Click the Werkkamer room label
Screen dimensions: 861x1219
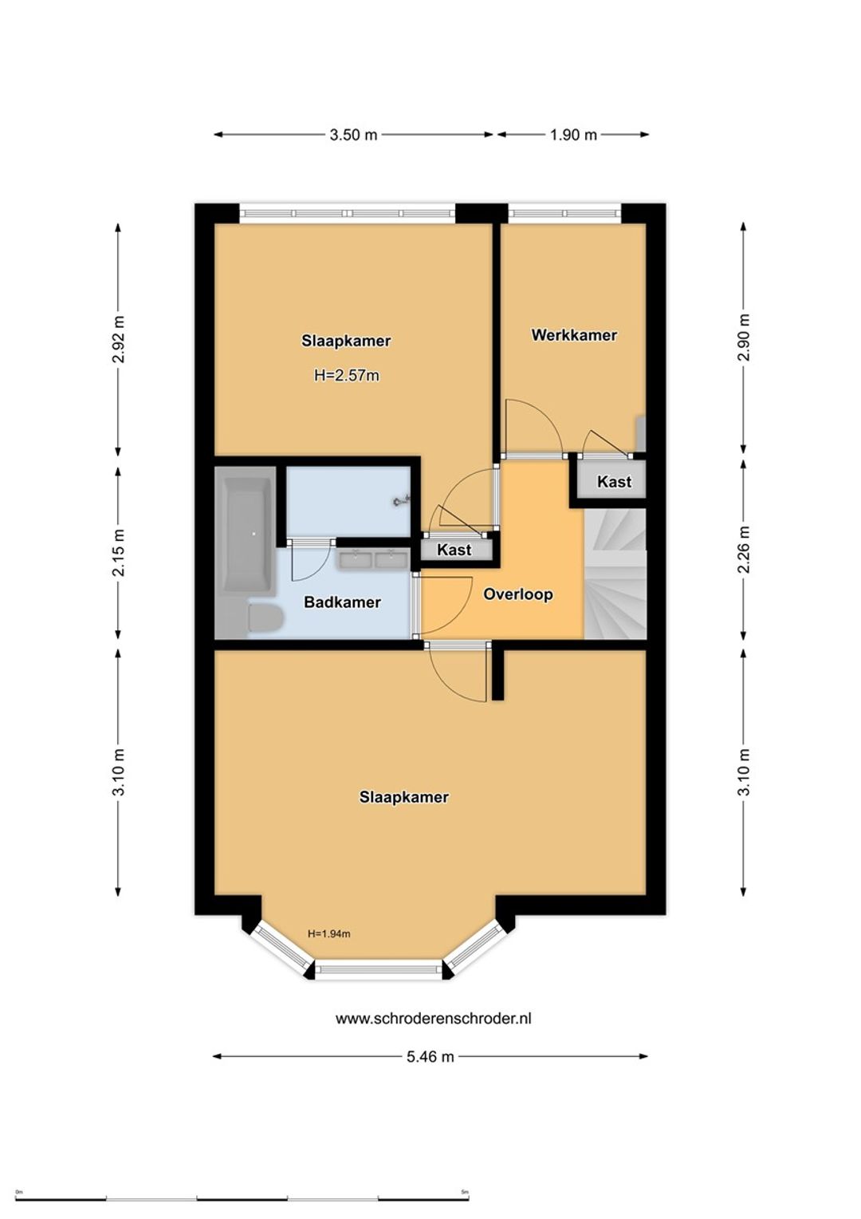(574, 335)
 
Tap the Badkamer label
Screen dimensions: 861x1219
(342, 602)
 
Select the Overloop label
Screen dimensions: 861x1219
(518, 594)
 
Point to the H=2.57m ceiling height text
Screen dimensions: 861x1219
(347, 375)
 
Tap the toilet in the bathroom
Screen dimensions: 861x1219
(265, 618)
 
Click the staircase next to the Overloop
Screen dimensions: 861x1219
(615, 573)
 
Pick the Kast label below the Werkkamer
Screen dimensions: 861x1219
(614, 481)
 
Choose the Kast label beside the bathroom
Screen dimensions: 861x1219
(454, 550)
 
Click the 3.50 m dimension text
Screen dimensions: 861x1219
(353, 134)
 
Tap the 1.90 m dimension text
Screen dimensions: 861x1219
(573, 134)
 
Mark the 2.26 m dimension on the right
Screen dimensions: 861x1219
(744, 549)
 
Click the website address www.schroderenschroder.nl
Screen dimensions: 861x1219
(434, 1019)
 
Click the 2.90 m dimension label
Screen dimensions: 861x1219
(744, 337)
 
